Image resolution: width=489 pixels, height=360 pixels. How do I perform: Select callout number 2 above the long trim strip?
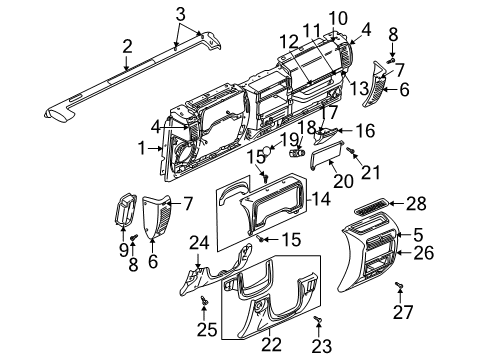click(x=127, y=45)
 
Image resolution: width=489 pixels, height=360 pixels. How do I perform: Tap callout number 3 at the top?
click(x=180, y=13)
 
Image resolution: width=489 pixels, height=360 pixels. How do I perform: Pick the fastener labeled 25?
click(x=205, y=298)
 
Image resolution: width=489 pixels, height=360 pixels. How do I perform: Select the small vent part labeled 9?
click(x=127, y=214)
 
